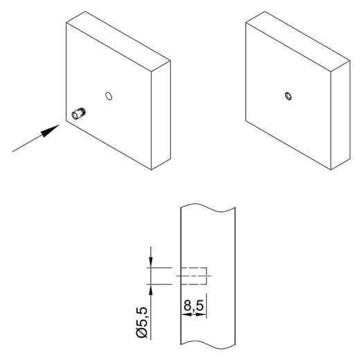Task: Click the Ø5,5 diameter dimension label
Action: pyautogui.click(x=142, y=323)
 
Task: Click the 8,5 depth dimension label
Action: pyautogui.click(x=194, y=305)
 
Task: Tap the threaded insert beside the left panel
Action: pyautogui.click(x=78, y=113)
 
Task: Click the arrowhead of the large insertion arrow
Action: pyautogui.click(x=50, y=131)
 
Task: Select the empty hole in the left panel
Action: pyautogui.click(x=109, y=96)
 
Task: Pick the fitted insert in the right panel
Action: pyautogui.click(x=288, y=96)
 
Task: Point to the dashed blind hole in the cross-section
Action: pyautogui.click(x=193, y=276)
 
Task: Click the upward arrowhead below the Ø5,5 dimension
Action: pyautogui.click(x=151, y=290)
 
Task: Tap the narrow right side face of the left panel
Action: pyautogui.click(x=161, y=116)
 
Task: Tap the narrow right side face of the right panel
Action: pyautogui.click(x=341, y=116)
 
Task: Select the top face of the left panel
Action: pyautogui.click(x=118, y=41)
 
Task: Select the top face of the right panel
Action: pyautogui.click(x=298, y=41)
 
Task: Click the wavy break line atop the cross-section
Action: pyautogui.click(x=208, y=208)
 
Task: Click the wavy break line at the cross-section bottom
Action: pyautogui.click(x=208, y=345)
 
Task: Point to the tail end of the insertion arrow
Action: pyautogui.click(x=12, y=152)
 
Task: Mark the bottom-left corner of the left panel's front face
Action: pyautogui.click(x=66, y=120)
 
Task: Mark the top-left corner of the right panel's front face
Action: pyautogui.click(x=246, y=23)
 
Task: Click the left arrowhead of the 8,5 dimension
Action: pyautogui.click(x=186, y=314)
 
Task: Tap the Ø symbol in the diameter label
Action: pyautogui.click(x=142, y=332)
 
